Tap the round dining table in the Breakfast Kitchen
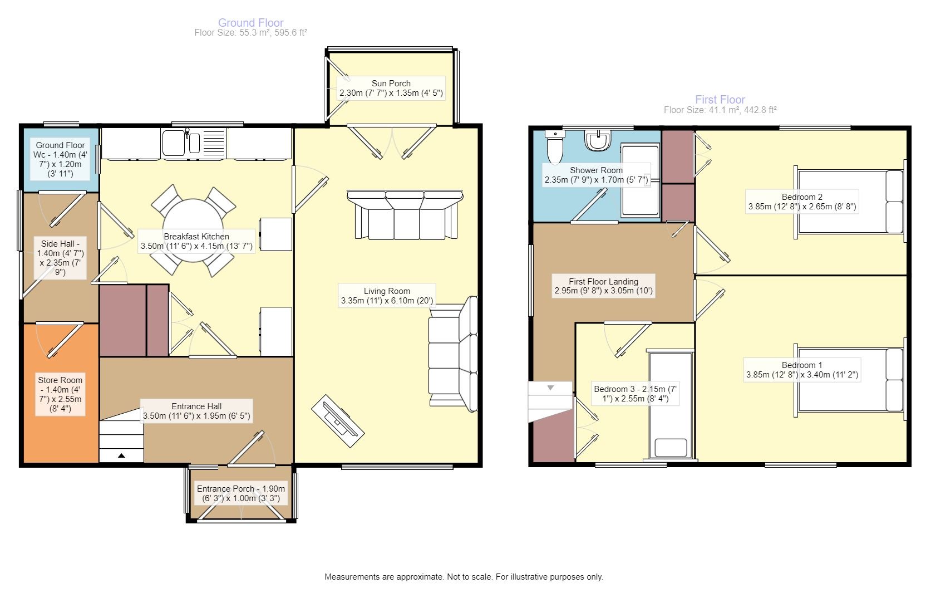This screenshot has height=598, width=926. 193,231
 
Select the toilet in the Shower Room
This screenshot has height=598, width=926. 555,147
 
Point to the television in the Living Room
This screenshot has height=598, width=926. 338,421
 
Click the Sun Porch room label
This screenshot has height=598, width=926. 391,88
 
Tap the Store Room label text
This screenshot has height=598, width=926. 60,394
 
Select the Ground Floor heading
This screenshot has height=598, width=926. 251,23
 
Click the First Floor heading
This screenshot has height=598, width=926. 720,100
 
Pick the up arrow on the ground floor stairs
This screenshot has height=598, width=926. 121,455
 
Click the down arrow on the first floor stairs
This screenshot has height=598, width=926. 550,388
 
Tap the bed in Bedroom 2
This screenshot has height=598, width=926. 850,202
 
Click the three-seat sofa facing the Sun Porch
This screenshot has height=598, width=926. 405,214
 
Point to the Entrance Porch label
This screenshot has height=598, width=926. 241,493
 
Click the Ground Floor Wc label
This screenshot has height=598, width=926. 60,159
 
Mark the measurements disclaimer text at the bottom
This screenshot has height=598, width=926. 464,576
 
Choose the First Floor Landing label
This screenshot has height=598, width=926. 604,286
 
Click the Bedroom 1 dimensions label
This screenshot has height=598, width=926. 802,375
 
